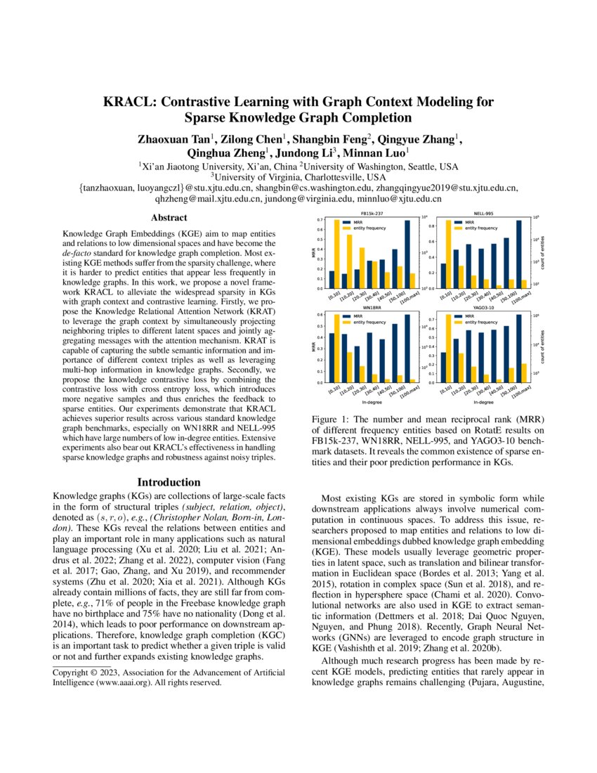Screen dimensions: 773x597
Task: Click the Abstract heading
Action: [169, 218]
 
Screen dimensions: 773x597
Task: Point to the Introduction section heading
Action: [169, 482]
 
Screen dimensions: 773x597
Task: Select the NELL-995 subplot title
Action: [483, 212]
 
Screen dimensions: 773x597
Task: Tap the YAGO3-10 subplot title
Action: [483, 308]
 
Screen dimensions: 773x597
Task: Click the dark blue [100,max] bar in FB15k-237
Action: [407, 254]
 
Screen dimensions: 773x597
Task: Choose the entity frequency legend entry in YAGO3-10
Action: [477, 323]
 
